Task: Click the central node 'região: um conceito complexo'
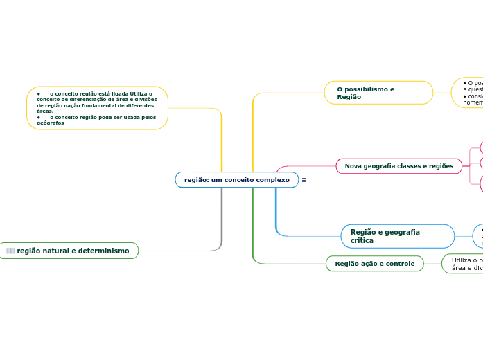click(x=236, y=180)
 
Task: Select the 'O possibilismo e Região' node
click(x=378, y=93)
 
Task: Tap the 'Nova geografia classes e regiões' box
click(x=398, y=166)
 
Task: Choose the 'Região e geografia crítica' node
click(x=397, y=236)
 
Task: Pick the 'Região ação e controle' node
click(x=374, y=264)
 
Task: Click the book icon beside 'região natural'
click(x=11, y=251)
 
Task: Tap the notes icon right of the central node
click(x=304, y=180)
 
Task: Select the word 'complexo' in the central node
click(x=272, y=180)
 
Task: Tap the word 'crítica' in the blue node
click(x=362, y=241)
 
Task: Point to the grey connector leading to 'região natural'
click(x=222, y=222)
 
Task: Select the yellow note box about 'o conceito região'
click(x=97, y=108)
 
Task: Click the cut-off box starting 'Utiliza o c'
click(x=463, y=264)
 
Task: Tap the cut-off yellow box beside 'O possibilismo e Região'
click(x=468, y=93)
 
